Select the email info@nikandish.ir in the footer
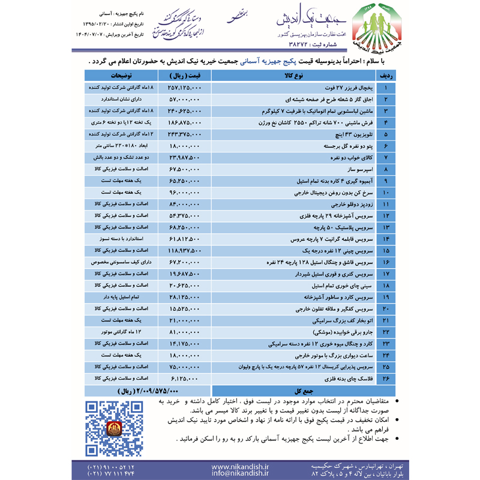click(x=241, y=473)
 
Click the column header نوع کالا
click(x=294, y=76)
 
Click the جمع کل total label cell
click(x=294, y=390)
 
